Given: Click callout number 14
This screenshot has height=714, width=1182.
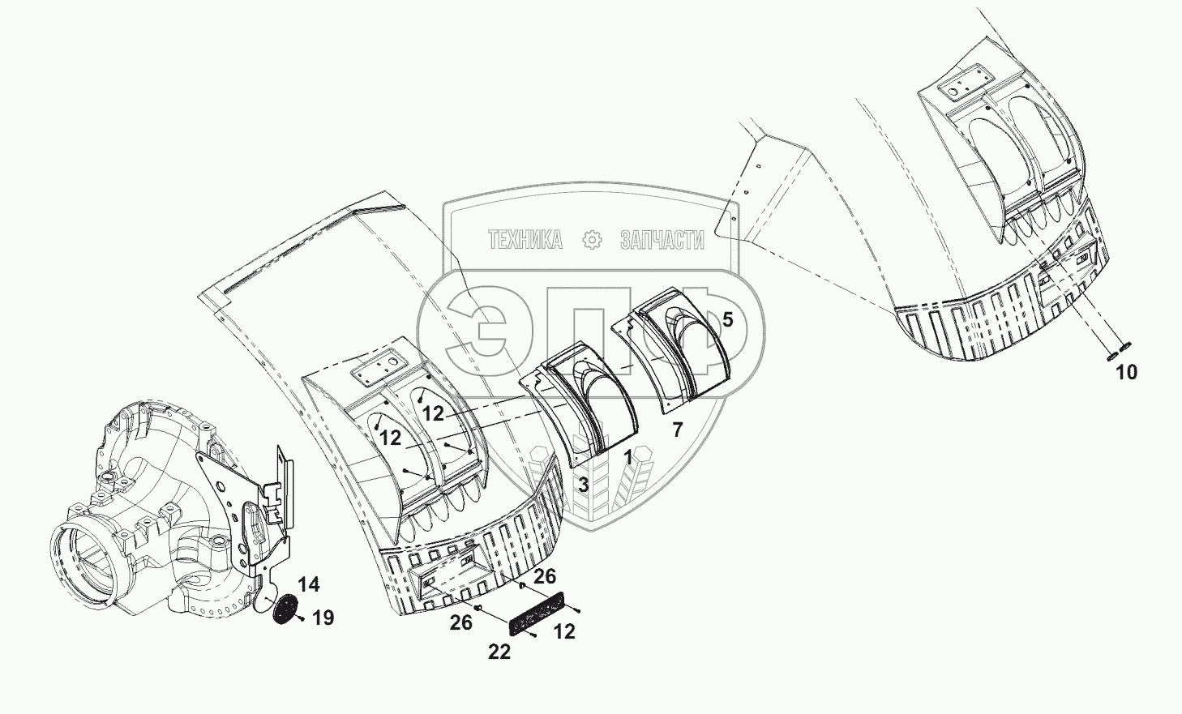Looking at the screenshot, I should coord(308,585).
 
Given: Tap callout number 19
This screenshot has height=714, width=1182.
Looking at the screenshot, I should coord(323,618).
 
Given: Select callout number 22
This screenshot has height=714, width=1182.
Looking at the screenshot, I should coord(499,651).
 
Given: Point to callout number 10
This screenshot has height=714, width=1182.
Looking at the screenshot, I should coord(1126,373).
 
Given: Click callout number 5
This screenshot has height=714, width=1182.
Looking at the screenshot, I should coord(727,320).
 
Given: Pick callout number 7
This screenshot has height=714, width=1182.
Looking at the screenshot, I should coord(677,430).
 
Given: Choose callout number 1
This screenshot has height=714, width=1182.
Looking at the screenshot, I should coord(627,458).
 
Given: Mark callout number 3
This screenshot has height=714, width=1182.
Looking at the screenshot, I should coord(583,485).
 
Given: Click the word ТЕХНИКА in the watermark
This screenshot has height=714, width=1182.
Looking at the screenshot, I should coord(525,240).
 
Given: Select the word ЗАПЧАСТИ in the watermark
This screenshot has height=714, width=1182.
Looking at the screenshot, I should coord(662,240).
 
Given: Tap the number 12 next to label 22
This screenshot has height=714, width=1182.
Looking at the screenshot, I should coord(564,632).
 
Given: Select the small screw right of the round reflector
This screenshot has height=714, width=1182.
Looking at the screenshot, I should coord(302,620).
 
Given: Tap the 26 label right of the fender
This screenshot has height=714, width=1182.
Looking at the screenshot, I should coord(545,576).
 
